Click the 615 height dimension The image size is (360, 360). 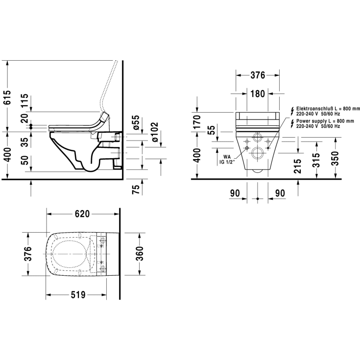[x=8, y=97]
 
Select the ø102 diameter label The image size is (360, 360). [x=154, y=132]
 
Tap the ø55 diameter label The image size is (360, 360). [x=136, y=122]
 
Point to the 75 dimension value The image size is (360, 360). [x=136, y=189]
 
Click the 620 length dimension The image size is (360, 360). [x=82, y=214]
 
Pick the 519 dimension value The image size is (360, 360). [x=78, y=294]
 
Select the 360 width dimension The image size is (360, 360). [x=140, y=254]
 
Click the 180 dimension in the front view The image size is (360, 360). [x=258, y=94]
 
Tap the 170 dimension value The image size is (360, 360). [x=197, y=122]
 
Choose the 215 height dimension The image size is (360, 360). [x=298, y=166]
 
